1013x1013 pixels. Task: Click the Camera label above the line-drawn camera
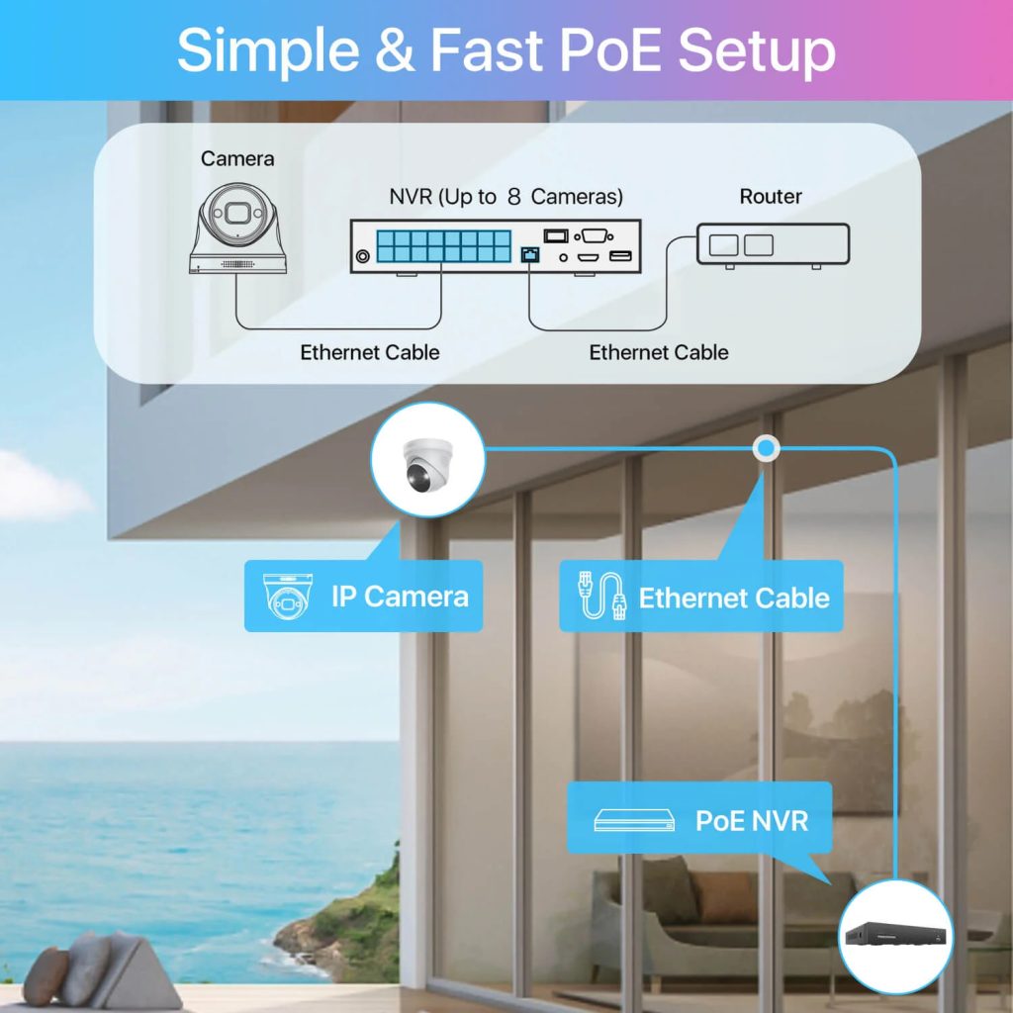coord(237,158)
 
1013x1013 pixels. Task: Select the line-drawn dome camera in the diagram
coord(237,229)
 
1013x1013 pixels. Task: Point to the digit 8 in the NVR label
coord(513,196)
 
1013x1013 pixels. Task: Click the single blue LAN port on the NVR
coord(529,255)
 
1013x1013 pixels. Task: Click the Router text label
coord(771,196)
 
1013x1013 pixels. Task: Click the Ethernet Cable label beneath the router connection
coord(659,352)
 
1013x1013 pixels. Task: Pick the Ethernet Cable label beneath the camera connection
coord(370,352)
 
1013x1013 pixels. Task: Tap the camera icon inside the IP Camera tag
coord(287,597)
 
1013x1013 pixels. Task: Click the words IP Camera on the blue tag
coord(400,597)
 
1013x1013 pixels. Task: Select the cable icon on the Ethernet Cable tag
coord(601,598)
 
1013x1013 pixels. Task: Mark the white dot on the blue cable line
coord(766,449)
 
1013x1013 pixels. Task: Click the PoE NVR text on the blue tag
coord(752,820)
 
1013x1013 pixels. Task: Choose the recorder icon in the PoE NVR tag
coord(634,820)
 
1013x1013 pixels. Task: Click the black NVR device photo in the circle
coord(895,936)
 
